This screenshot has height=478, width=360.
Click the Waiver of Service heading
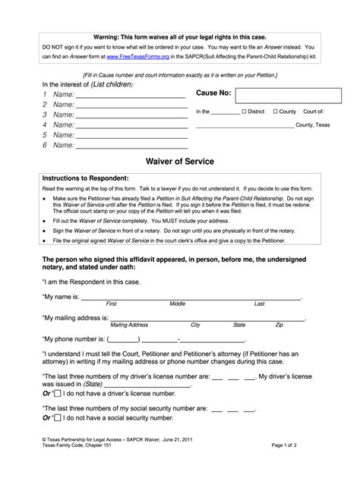(x=178, y=161)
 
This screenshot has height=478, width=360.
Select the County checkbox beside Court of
(x=275, y=112)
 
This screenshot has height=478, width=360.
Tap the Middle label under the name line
(x=177, y=303)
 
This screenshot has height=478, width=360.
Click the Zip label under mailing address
(x=279, y=325)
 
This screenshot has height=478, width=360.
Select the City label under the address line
(x=195, y=325)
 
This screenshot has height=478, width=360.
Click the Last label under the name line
(x=259, y=303)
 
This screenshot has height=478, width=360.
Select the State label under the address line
(x=239, y=325)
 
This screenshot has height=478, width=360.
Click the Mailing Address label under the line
(x=129, y=325)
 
